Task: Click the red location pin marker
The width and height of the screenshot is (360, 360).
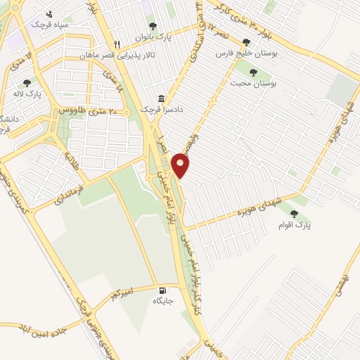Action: click(x=181, y=165)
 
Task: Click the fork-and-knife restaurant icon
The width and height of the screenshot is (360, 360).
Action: click(x=119, y=43)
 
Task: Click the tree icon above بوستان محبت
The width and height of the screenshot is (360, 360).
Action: click(x=253, y=72)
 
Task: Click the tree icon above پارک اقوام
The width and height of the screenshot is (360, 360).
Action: click(x=294, y=213)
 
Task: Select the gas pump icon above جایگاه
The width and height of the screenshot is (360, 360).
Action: click(x=163, y=290)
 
